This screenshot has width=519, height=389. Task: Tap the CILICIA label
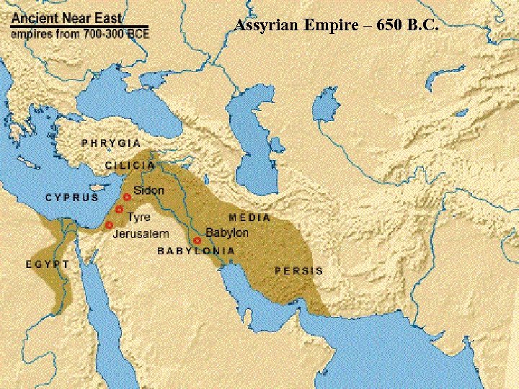(x=130, y=165)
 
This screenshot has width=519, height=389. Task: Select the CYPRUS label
(x=72, y=197)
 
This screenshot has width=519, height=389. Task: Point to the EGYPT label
(x=48, y=264)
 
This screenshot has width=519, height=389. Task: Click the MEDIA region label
(x=249, y=217)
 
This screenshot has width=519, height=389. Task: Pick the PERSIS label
(x=298, y=271)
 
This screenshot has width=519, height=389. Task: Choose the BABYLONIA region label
(x=196, y=251)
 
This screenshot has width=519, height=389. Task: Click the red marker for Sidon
(x=127, y=196)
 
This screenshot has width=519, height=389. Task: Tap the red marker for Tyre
(x=119, y=210)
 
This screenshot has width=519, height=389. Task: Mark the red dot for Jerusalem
(x=109, y=225)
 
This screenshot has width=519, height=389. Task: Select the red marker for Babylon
(x=197, y=241)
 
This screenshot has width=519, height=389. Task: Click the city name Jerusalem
(x=141, y=234)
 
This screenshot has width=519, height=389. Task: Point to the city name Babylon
(x=226, y=233)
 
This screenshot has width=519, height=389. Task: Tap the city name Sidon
(x=148, y=191)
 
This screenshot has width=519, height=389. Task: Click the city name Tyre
(x=138, y=216)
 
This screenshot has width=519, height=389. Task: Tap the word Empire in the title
(x=324, y=26)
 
